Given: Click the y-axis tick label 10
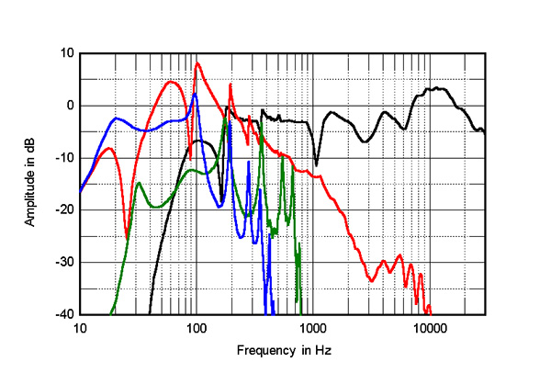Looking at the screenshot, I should click(x=66, y=53).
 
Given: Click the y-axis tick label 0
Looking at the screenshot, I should click(x=69, y=106).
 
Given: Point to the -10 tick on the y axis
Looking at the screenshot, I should click(x=64, y=158).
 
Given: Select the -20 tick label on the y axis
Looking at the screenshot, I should click(x=64, y=210).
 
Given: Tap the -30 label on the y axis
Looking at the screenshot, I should click(x=64, y=263).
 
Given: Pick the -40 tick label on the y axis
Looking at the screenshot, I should click(x=64, y=315).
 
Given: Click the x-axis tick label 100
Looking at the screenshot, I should click(x=196, y=328).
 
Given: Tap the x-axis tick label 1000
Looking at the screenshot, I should click(x=312, y=328).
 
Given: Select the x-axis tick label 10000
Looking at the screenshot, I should click(x=429, y=328).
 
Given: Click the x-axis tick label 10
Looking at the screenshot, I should click(x=80, y=328).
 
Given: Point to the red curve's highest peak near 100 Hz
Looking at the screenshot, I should click(x=197, y=62).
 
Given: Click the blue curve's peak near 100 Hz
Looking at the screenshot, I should click(x=195, y=93).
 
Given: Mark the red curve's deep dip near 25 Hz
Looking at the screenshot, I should click(x=127, y=238).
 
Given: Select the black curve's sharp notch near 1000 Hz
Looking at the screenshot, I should click(x=317, y=164).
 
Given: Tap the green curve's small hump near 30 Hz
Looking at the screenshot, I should click(x=139, y=183).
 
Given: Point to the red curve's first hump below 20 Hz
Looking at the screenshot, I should click(x=108, y=148).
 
